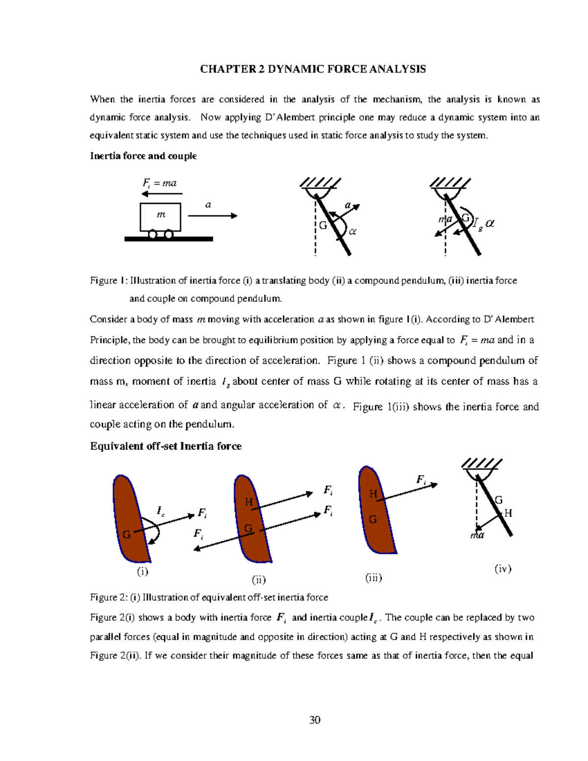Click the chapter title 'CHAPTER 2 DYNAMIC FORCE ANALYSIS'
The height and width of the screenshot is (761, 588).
coord(313,69)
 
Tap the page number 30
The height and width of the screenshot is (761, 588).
coord(315,719)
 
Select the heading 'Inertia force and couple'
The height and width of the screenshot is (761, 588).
coord(143,156)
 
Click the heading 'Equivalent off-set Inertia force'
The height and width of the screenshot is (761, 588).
coord(166,446)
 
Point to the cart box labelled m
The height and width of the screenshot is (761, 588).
coord(161,217)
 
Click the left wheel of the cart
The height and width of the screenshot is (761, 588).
coord(153,234)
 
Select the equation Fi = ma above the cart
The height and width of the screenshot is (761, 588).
coord(159,183)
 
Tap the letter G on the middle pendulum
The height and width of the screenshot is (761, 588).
coord(322,225)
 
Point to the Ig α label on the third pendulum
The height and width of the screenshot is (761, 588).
coord(483,223)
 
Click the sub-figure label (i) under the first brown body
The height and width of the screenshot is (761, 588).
coord(142,571)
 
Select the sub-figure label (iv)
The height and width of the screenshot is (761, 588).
coord(503,568)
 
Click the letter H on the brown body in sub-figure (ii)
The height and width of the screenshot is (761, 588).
coord(248,502)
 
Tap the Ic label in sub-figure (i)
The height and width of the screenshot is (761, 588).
coord(160,511)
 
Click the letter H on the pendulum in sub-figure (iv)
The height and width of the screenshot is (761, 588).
coord(508,513)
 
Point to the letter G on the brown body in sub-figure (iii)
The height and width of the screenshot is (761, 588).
coord(372,519)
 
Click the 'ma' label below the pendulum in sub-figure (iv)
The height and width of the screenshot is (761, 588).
coord(477,535)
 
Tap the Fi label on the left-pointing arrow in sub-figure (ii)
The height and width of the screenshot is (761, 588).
coord(198,534)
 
